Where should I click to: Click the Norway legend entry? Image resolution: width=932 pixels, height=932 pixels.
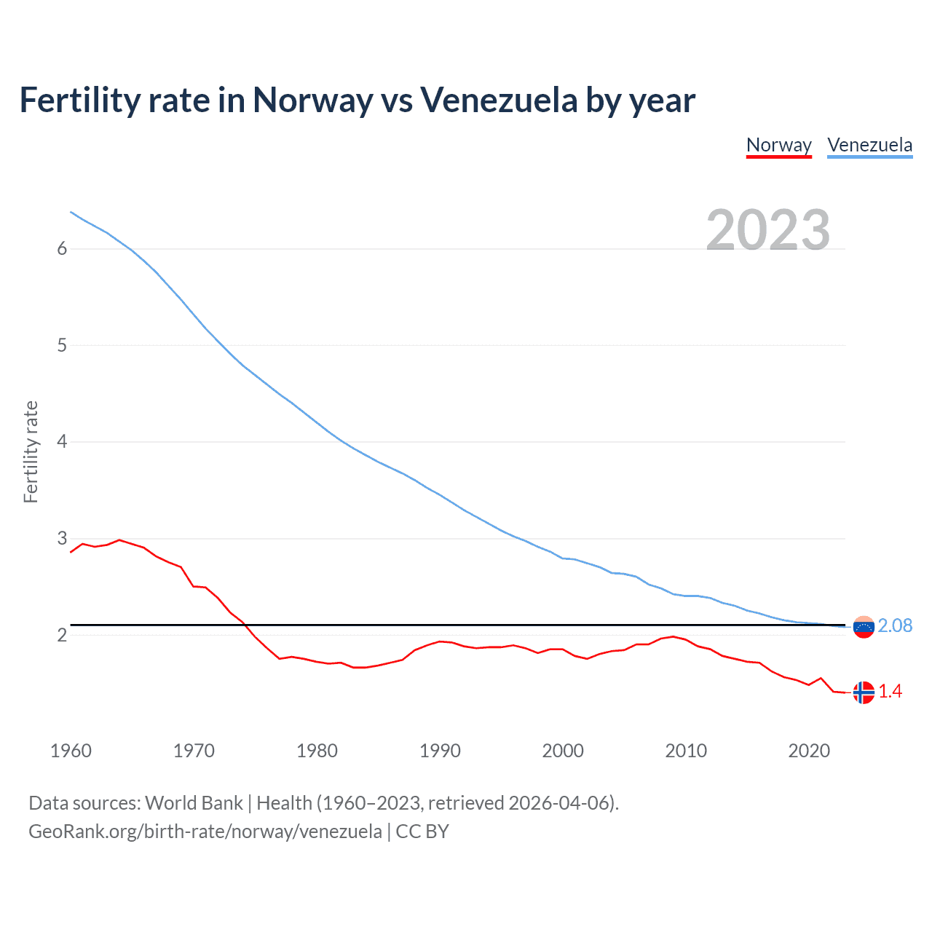[778, 145]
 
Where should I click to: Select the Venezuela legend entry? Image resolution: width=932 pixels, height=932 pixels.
[869, 145]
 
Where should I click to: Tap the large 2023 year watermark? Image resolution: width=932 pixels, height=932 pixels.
[768, 230]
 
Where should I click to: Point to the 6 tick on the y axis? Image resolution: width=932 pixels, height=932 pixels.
[62, 249]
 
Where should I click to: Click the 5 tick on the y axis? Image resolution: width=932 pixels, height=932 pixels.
[62, 345]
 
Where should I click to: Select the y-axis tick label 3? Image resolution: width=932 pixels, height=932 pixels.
[62, 539]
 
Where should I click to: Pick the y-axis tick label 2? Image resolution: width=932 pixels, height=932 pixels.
[62, 635]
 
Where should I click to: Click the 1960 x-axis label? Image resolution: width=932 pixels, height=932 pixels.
[71, 751]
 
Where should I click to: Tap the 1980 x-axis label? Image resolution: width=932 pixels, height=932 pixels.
[317, 751]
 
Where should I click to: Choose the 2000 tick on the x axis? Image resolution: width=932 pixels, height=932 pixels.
[563, 751]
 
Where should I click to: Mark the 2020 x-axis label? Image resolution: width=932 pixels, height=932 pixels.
[809, 751]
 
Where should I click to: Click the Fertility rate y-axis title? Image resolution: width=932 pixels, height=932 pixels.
[31, 451]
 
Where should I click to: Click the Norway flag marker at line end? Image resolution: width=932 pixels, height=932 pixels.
[864, 692]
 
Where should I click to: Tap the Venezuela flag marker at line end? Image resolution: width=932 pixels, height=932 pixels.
[864, 627]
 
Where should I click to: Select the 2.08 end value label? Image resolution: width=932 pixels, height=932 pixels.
[895, 626]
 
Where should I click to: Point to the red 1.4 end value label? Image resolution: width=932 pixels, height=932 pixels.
[890, 692]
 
